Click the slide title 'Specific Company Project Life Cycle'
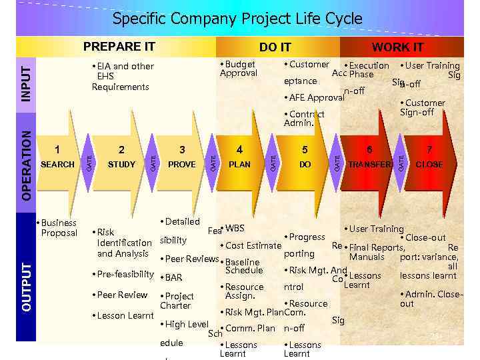[x=237, y=19]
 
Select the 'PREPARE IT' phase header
[x=119, y=47]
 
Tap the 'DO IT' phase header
[x=275, y=47]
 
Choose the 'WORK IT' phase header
[x=397, y=47]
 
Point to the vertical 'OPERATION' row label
[x=25, y=164]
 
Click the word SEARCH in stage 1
[x=58, y=165]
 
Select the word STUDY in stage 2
[x=121, y=165]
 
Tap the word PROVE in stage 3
[x=181, y=165]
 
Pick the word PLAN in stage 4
[x=240, y=165]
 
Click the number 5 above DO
[x=305, y=150]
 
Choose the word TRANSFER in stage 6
[x=369, y=165]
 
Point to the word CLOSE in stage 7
[x=429, y=165]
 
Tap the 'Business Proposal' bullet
[x=57, y=227]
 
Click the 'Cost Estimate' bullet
[x=253, y=245]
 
